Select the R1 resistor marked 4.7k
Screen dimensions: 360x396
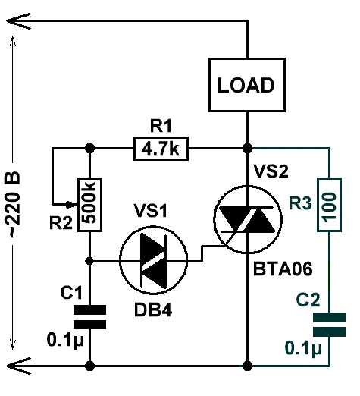pyautogui.click(x=161, y=149)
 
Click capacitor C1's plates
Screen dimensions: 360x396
pyautogui.click(x=89, y=317)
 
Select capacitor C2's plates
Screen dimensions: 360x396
pyautogui.click(x=329, y=325)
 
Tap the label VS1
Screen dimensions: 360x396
pyautogui.click(x=151, y=211)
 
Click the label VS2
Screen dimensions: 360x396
pyautogui.click(x=271, y=171)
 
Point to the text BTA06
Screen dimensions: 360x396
pyautogui.click(x=283, y=269)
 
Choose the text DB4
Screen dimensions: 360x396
pyautogui.click(x=153, y=310)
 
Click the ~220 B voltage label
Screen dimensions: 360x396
pyautogui.click(x=12, y=205)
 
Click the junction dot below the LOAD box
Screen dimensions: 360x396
pyautogui.click(x=247, y=149)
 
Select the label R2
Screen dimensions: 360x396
pyautogui.click(x=61, y=223)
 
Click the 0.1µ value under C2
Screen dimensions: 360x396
pyautogui.click(x=303, y=349)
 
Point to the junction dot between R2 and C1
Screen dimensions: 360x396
pyautogui.click(x=89, y=261)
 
